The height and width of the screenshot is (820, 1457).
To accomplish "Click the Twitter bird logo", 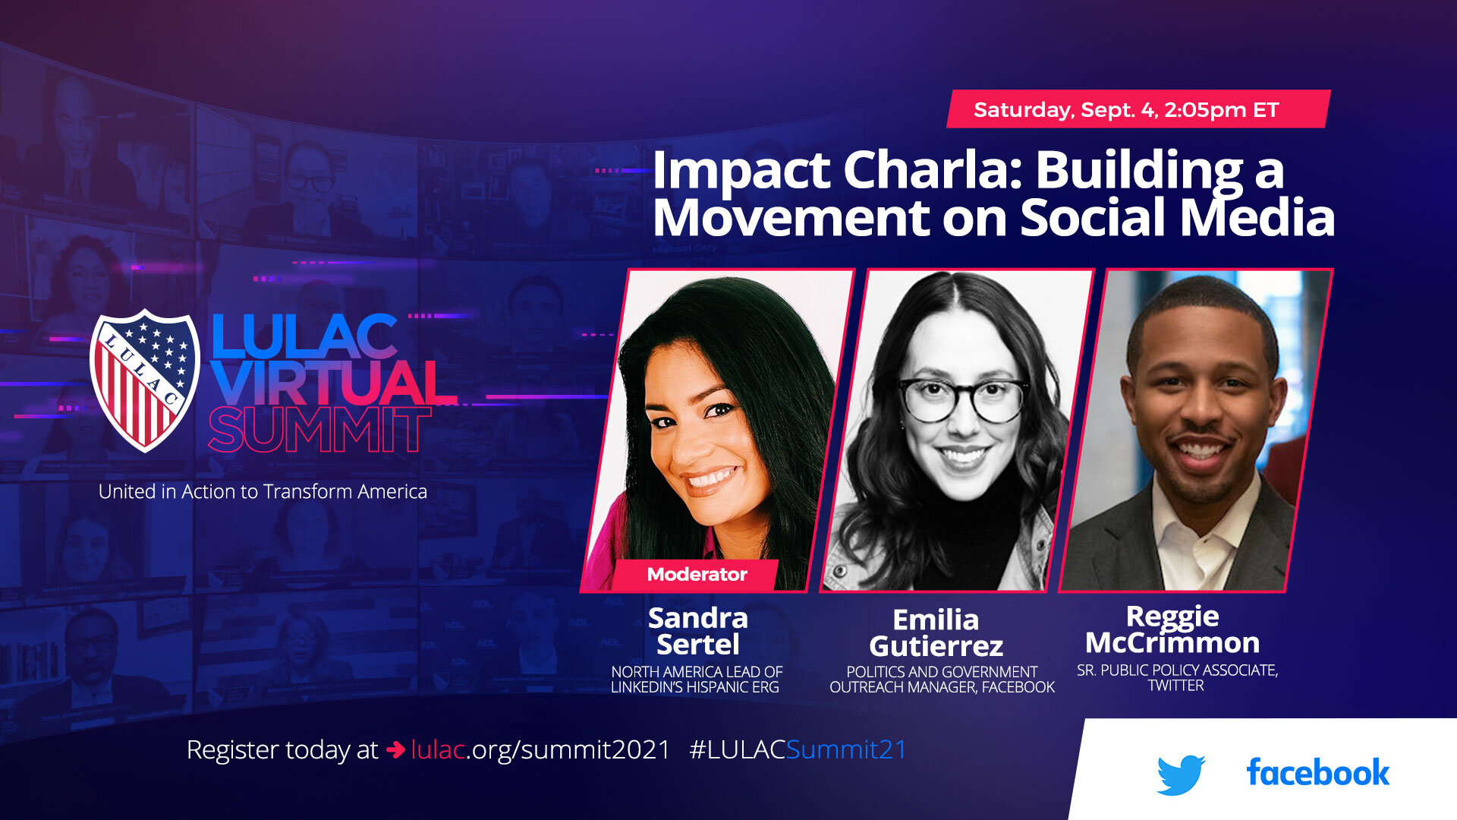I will (x=1181, y=774).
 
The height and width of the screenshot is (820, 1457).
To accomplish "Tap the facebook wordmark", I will (x=1317, y=773).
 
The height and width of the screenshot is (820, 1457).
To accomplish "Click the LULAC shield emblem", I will (x=144, y=380).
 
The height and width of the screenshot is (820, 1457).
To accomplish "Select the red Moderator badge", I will (x=697, y=575).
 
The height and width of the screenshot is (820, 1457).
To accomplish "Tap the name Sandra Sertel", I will (x=698, y=631).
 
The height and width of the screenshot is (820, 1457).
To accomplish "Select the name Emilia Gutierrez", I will (x=936, y=632).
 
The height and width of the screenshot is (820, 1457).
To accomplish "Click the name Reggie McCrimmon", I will (x=1172, y=629).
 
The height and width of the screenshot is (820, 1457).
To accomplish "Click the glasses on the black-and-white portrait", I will (x=962, y=397).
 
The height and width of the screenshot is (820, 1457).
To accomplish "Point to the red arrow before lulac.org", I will (x=395, y=750).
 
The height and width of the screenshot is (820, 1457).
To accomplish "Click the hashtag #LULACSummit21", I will (x=798, y=750).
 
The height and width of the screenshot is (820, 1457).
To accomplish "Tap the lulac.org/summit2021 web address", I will (x=540, y=750).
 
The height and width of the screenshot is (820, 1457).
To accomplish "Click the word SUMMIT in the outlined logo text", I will (x=319, y=430).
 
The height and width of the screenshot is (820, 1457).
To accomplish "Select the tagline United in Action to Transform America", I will (x=263, y=492).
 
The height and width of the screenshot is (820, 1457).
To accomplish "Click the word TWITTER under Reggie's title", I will (x=1175, y=686).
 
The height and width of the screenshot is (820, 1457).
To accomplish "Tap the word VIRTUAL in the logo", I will (x=334, y=383).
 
